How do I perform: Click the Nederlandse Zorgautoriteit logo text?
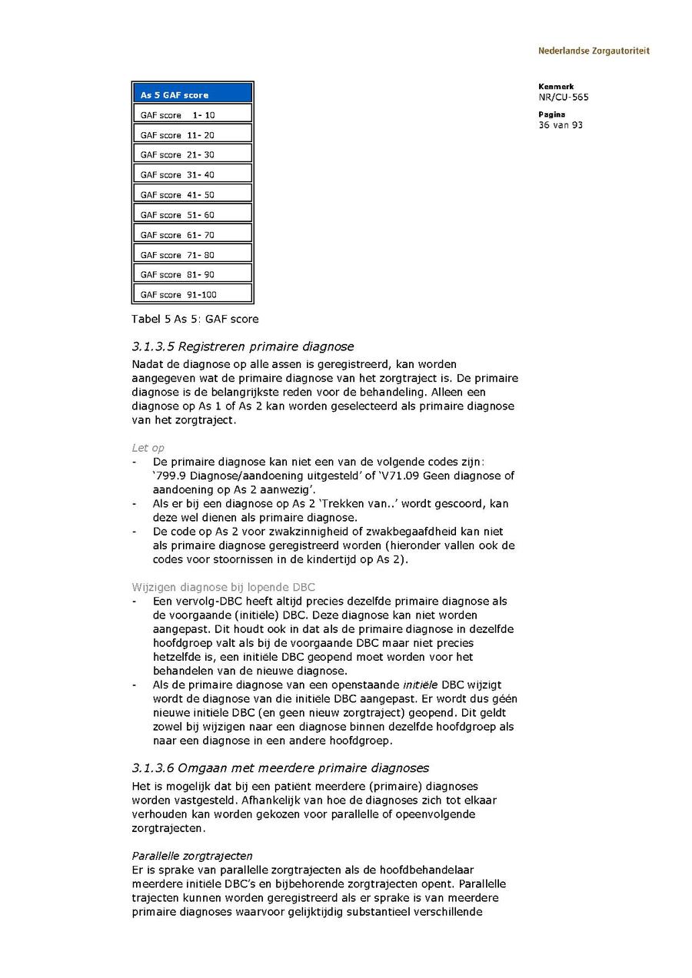(594, 51)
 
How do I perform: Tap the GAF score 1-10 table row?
(192, 115)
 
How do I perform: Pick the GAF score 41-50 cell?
(192, 195)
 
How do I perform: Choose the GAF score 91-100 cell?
(192, 294)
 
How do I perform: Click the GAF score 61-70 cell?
(192, 235)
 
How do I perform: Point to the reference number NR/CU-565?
(564, 98)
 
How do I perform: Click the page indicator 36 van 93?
(561, 124)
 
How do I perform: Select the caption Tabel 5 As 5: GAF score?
(195, 319)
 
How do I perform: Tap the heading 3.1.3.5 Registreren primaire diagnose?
(242, 346)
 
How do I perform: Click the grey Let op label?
(148, 448)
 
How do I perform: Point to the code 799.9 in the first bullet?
(171, 476)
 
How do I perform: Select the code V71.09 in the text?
(399, 476)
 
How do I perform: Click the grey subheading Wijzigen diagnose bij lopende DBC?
(223, 587)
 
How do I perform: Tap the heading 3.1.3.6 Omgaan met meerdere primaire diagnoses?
(280, 767)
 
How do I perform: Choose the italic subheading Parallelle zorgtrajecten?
(192, 856)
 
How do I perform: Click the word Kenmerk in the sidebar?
(556, 87)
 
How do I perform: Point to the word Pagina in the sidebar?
(552, 114)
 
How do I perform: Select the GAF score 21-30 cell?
(192, 155)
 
